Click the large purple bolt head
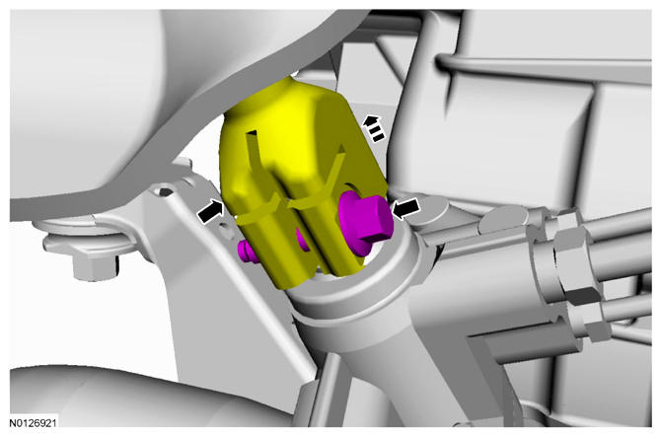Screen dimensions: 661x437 [365, 222]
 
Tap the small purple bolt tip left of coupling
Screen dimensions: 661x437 [247, 251]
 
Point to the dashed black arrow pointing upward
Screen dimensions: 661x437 [374, 128]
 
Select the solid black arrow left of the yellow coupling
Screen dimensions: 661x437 [211, 211]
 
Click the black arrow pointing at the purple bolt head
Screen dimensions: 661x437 [405, 208]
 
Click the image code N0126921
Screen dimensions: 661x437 [33, 422]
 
